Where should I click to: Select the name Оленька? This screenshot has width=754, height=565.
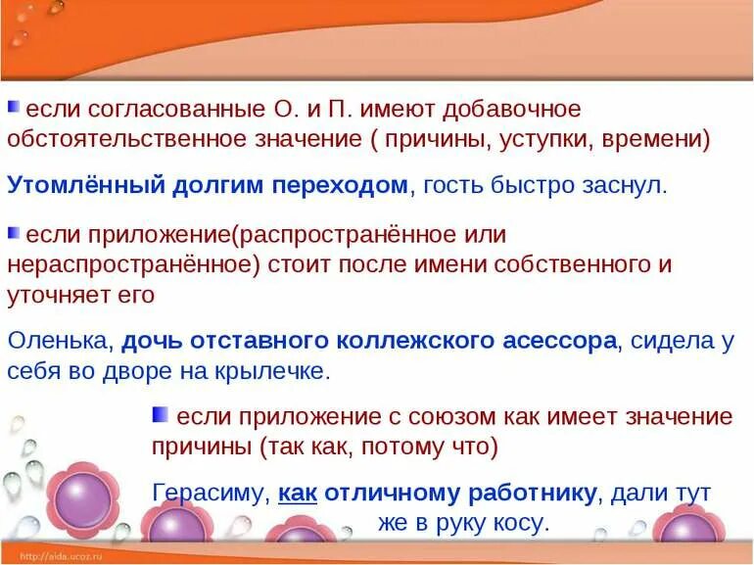click(61, 341)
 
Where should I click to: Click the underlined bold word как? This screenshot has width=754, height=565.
click(298, 494)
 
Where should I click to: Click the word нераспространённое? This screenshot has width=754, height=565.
click(127, 264)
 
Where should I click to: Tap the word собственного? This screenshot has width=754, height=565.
click(572, 264)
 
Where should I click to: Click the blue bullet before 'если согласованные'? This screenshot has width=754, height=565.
click(14, 107)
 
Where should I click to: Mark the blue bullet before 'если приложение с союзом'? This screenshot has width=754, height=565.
click(161, 415)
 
